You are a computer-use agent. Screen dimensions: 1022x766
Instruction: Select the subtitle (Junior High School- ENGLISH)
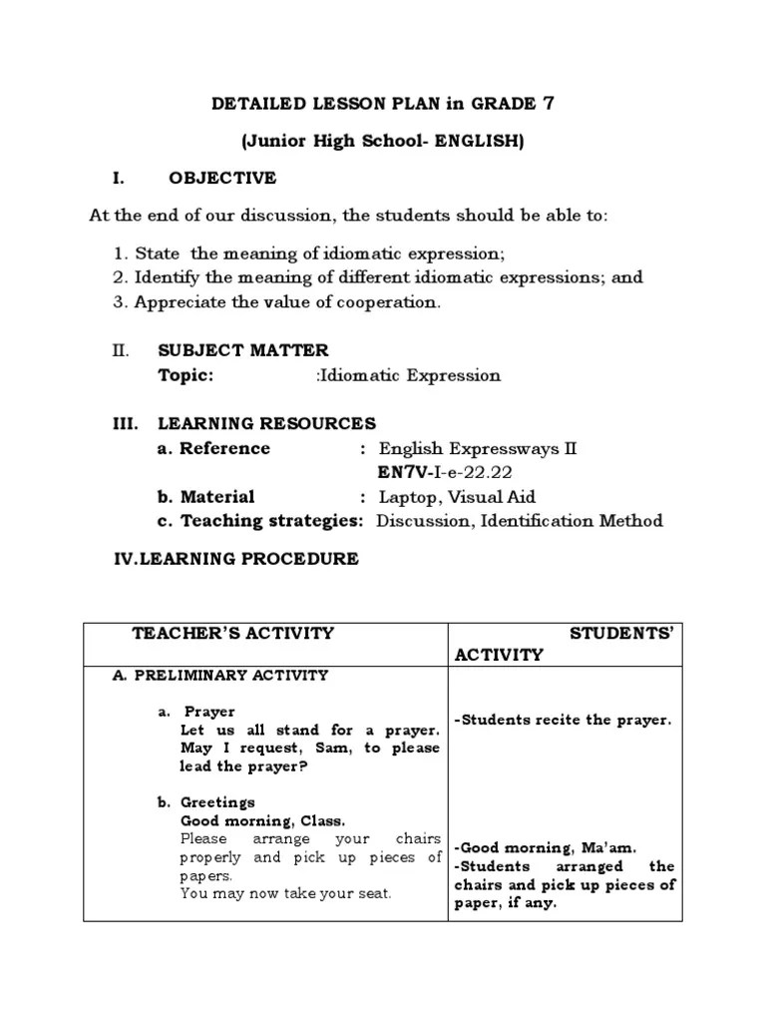coord(383,142)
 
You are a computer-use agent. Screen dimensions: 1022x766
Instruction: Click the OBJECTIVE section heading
coord(222,179)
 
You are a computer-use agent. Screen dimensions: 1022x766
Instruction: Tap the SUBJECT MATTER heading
coord(242,350)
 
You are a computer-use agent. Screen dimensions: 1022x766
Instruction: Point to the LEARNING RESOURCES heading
coord(266,423)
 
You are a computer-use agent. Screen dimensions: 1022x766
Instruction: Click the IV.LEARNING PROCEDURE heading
coord(235,559)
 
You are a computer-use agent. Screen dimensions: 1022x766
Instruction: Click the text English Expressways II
coord(478,448)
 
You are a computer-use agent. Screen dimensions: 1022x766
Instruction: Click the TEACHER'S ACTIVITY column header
coord(233,633)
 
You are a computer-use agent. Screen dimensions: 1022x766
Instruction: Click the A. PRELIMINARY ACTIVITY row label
coord(220,676)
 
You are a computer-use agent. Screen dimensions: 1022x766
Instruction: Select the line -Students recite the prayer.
coord(564,720)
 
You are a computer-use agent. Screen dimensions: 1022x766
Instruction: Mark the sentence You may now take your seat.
coord(286,894)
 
